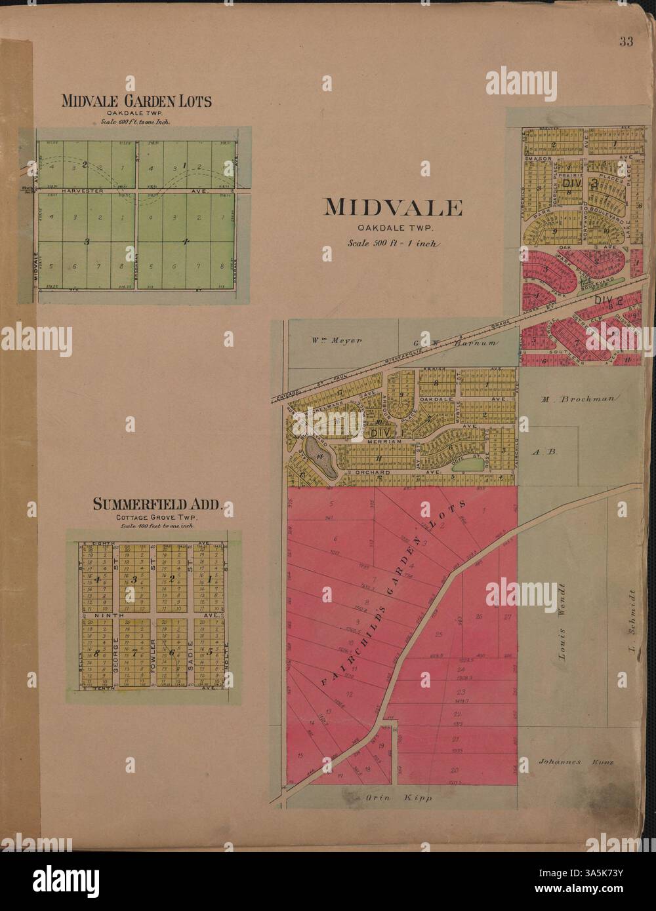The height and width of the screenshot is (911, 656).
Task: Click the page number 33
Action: pyautogui.click(x=625, y=43)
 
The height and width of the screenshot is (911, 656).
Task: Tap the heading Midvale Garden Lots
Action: pyautogui.click(x=136, y=101)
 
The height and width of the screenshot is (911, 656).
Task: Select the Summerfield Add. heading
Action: pyautogui.click(x=158, y=505)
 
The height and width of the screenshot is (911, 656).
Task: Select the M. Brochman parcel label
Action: pyautogui.click(x=575, y=398)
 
